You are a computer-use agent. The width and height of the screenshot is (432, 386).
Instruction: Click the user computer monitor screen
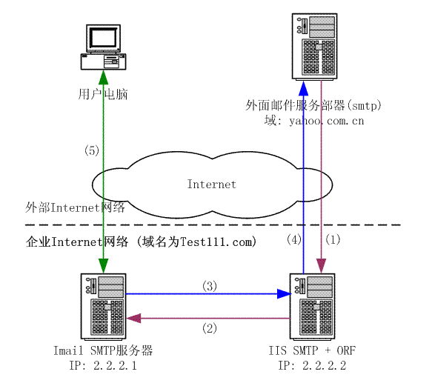click(103, 38)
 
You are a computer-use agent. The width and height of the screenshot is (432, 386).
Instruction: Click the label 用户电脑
click(103, 94)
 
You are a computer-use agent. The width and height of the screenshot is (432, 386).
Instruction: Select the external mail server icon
click(315, 47)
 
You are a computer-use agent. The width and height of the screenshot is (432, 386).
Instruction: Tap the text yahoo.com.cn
click(327, 121)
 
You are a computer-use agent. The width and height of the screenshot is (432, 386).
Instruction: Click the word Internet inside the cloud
click(212, 184)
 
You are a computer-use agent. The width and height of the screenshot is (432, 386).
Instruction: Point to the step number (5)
click(92, 150)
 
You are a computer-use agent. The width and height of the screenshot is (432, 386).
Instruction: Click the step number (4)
click(294, 239)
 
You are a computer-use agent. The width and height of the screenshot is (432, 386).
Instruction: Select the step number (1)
click(333, 239)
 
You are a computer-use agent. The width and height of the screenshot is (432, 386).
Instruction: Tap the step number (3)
click(210, 286)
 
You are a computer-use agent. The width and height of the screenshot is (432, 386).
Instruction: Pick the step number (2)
click(210, 328)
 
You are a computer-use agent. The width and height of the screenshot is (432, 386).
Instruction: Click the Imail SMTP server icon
click(103, 307)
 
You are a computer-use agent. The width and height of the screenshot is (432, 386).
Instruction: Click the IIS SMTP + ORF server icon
click(313, 307)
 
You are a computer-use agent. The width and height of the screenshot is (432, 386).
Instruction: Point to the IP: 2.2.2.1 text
click(103, 365)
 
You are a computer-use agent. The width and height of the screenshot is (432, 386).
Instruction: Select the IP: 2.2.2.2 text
click(312, 365)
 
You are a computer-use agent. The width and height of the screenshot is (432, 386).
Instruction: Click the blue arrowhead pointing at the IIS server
click(284, 293)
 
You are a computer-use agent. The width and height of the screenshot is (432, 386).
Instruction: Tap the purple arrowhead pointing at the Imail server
click(133, 319)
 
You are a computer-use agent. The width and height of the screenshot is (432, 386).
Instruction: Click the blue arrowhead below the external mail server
click(303, 88)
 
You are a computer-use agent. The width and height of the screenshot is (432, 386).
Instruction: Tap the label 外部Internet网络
click(75, 207)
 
